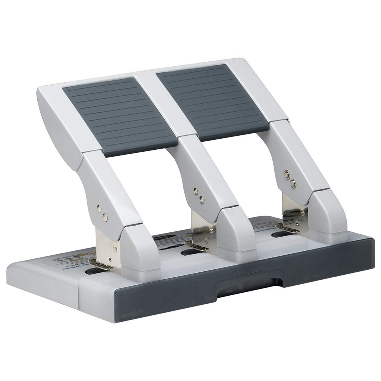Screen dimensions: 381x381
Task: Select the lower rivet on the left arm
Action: click(105, 217)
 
